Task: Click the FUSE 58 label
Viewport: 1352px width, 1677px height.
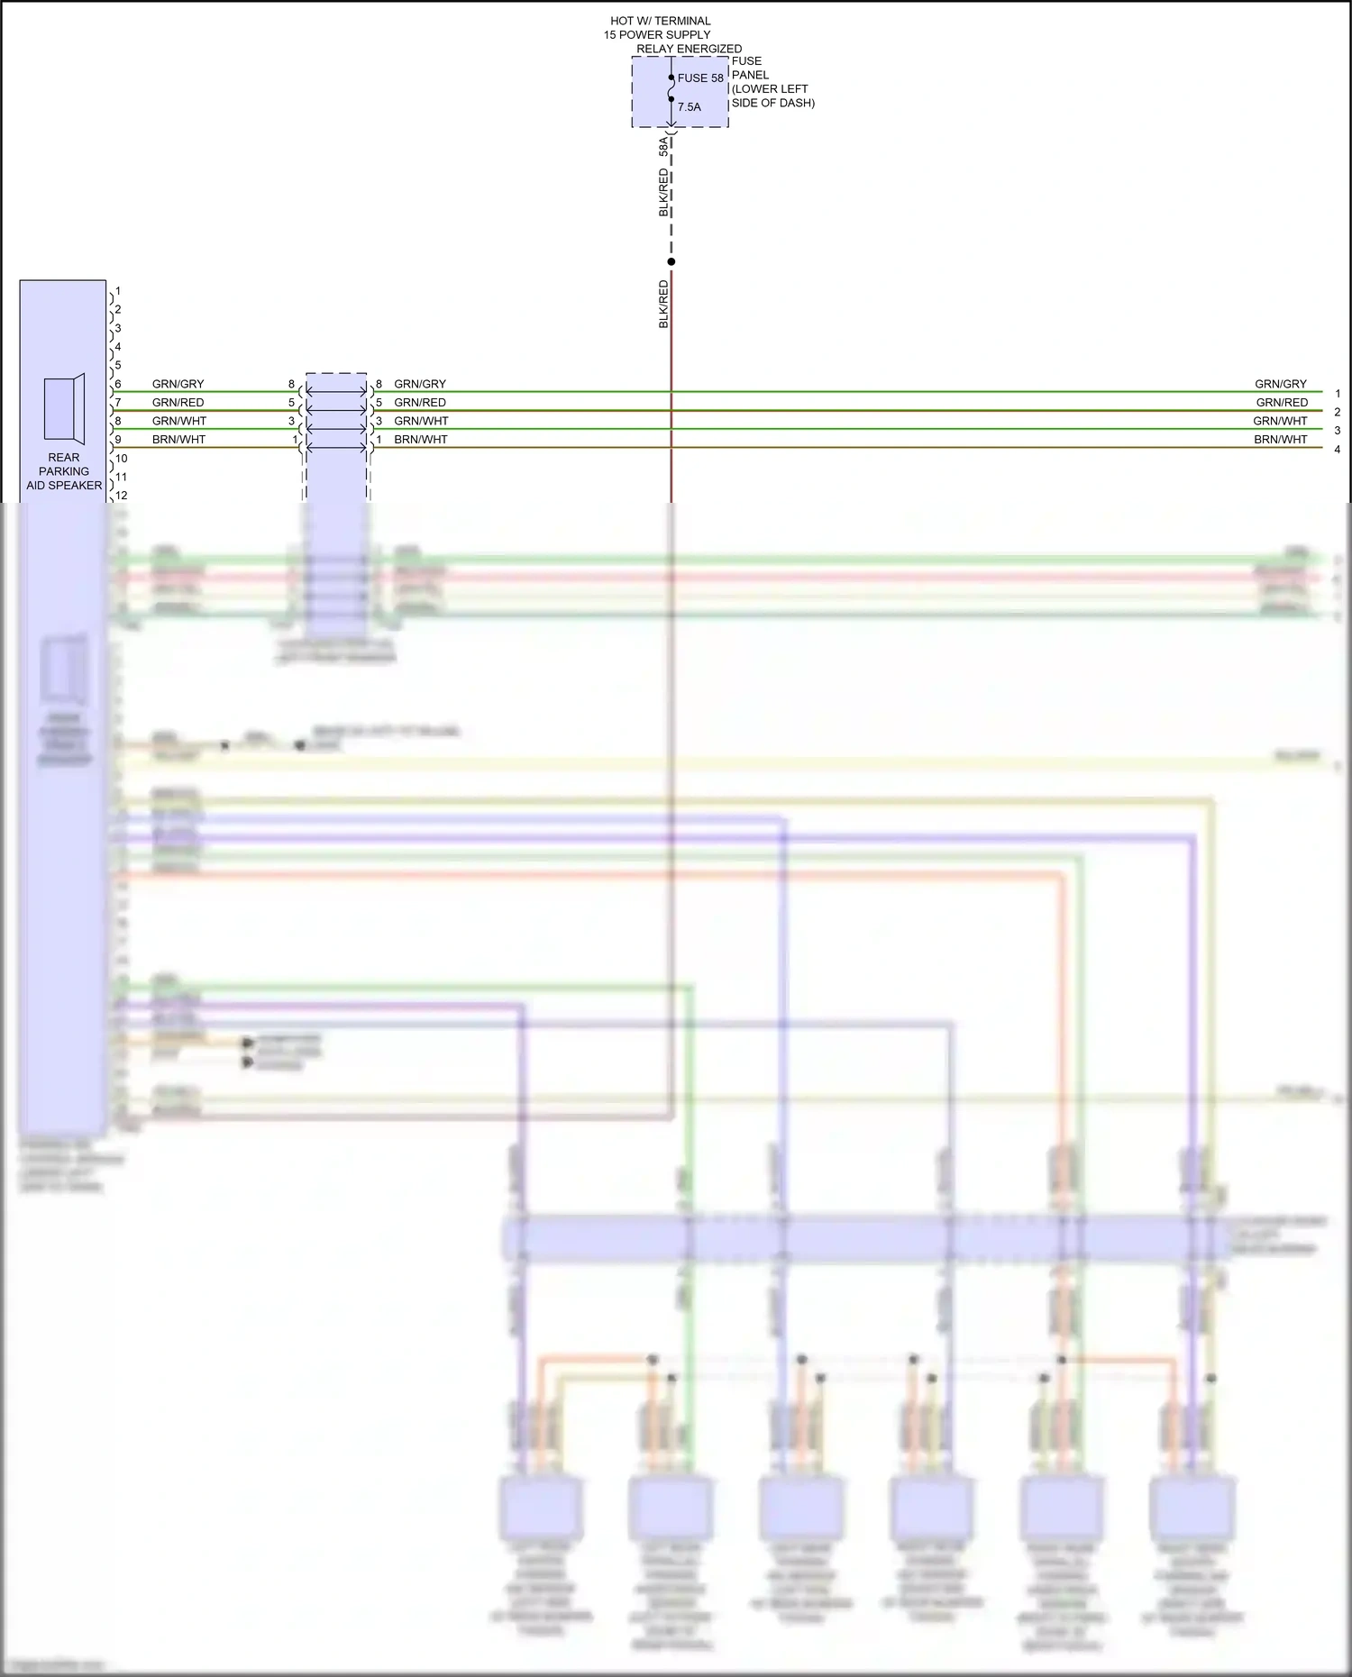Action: pyautogui.click(x=700, y=78)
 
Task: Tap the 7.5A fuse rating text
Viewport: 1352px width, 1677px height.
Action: pyautogui.click(x=689, y=107)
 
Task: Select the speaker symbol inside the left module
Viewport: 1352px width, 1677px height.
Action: pyautogui.click(x=64, y=409)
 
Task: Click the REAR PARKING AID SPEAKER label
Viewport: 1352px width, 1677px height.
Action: pyautogui.click(x=64, y=471)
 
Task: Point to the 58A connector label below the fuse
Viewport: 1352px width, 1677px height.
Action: pyautogui.click(x=664, y=146)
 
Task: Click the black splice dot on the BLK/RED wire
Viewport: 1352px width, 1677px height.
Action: pyautogui.click(x=671, y=262)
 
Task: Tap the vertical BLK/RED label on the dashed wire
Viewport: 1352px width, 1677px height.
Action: pyautogui.click(x=664, y=192)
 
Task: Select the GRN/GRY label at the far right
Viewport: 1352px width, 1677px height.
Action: pyautogui.click(x=1280, y=384)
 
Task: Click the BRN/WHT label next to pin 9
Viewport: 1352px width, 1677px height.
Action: pyautogui.click(x=178, y=440)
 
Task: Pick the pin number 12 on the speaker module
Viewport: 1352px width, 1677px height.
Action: pyautogui.click(x=121, y=496)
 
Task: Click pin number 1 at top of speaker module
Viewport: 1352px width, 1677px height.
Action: pyautogui.click(x=118, y=291)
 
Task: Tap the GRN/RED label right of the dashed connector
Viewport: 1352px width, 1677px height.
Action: pyautogui.click(x=420, y=403)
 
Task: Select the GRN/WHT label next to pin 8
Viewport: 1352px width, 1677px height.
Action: pyautogui.click(x=179, y=421)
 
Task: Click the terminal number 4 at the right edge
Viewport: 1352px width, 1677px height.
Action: pyautogui.click(x=1338, y=449)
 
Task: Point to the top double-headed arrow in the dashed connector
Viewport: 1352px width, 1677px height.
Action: pyautogui.click(x=336, y=391)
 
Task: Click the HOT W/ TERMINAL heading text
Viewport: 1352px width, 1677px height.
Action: pyautogui.click(x=661, y=21)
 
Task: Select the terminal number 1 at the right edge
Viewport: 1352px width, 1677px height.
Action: pyautogui.click(x=1338, y=394)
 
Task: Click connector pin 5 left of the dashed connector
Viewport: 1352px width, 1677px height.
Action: pyautogui.click(x=291, y=403)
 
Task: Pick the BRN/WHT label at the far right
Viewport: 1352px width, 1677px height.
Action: pyautogui.click(x=1280, y=440)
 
